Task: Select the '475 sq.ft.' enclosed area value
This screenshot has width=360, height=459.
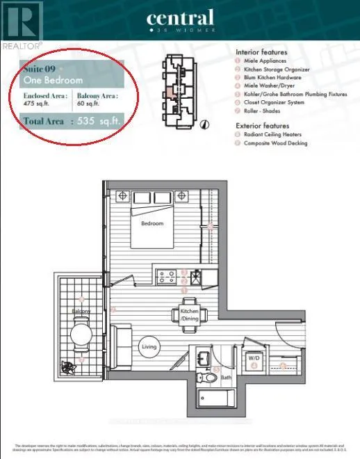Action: [42, 106]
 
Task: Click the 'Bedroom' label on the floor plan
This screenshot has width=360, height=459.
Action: [153, 223]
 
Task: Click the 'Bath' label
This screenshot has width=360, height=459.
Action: [226, 378]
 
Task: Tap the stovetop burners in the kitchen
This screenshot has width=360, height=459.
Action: [167, 275]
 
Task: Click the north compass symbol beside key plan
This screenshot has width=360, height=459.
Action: [204, 125]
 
